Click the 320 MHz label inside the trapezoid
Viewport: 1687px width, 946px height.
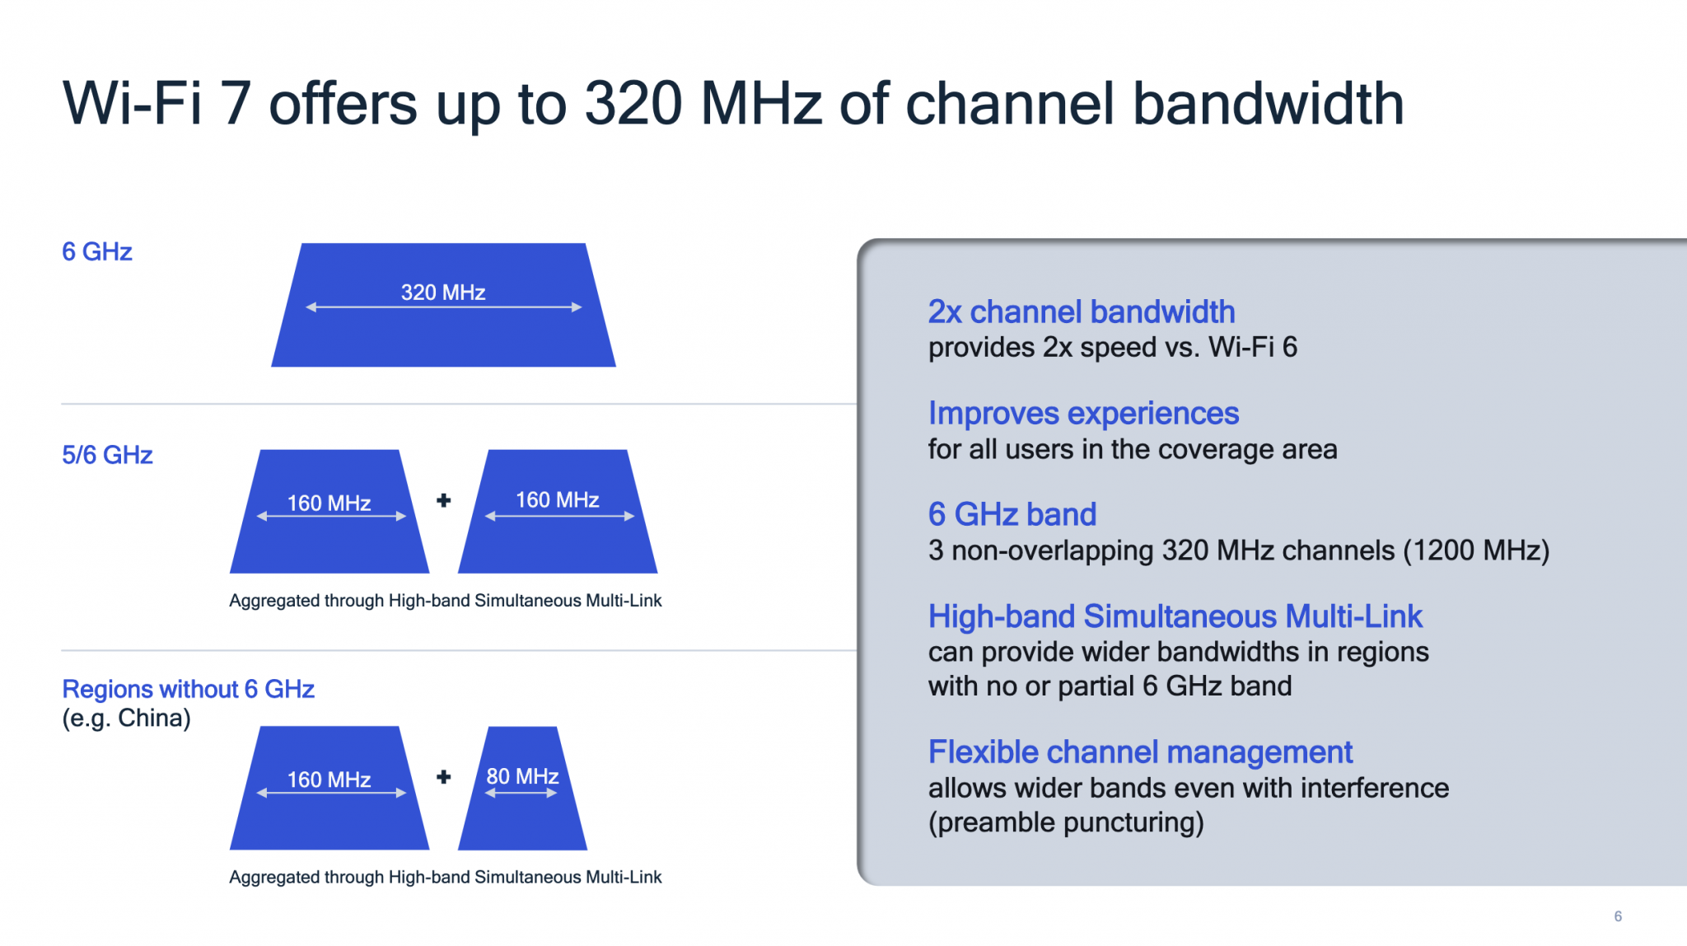[442, 293]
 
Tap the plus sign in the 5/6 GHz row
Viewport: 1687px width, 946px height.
[443, 500]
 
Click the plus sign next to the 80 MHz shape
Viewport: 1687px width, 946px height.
[443, 777]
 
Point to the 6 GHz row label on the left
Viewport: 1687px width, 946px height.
[97, 251]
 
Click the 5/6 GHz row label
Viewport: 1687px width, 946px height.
[107, 455]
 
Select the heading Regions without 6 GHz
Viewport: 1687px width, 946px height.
[188, 689]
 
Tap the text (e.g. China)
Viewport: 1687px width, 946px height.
[126, 719]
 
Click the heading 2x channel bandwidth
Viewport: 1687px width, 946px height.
[1081, 311]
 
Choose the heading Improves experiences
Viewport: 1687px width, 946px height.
[1082, 413]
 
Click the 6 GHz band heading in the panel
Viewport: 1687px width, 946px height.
[1012, 514]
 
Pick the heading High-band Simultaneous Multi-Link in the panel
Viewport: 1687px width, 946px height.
[1175, 616]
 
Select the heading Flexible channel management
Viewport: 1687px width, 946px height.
[1140, 752]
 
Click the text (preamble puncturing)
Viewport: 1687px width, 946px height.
[1066, 822]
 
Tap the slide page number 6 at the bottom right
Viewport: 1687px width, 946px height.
[1618, 916]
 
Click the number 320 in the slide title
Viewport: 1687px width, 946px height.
[633, 104]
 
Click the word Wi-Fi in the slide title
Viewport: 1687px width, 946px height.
[132, 104]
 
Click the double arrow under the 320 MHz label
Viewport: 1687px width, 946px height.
[443, 307]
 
